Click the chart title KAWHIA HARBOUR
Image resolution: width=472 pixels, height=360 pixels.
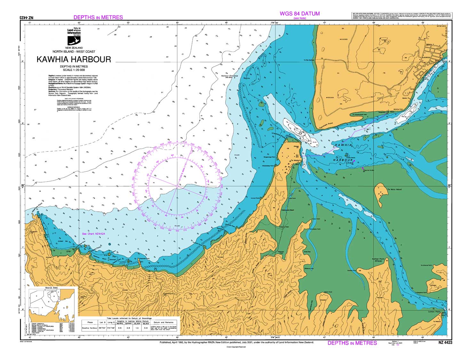click(74, 59)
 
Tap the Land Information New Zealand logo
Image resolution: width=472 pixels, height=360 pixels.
click(74, 36)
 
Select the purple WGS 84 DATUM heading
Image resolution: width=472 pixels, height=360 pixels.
click(300, 13)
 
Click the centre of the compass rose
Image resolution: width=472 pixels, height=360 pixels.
click(177, 186)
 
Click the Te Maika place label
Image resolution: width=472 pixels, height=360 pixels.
click(294, 160)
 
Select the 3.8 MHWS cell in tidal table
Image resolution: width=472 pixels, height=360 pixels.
click(120, 328)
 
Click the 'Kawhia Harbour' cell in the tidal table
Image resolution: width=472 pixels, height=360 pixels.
click(90, 328)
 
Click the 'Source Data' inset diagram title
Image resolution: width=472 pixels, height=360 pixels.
click(52, 288)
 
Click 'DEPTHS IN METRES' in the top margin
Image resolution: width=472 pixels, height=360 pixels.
click(98, 17)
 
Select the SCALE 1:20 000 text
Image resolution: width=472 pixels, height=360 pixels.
click(74, 70)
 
